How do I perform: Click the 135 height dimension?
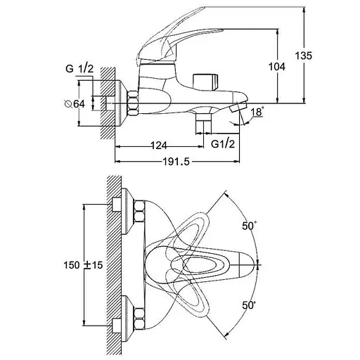coord(303,56)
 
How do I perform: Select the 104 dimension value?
coord(277,67)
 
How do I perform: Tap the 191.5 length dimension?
coord(176,162)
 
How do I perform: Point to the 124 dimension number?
coord(159,146)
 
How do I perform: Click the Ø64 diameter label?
coord(75,103)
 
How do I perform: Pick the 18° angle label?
coord(257,112)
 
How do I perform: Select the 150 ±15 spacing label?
coord(83,265)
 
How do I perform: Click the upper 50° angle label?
coord(249,226)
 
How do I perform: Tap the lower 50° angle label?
coord(249,305)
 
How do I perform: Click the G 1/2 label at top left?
coord(79,69)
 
